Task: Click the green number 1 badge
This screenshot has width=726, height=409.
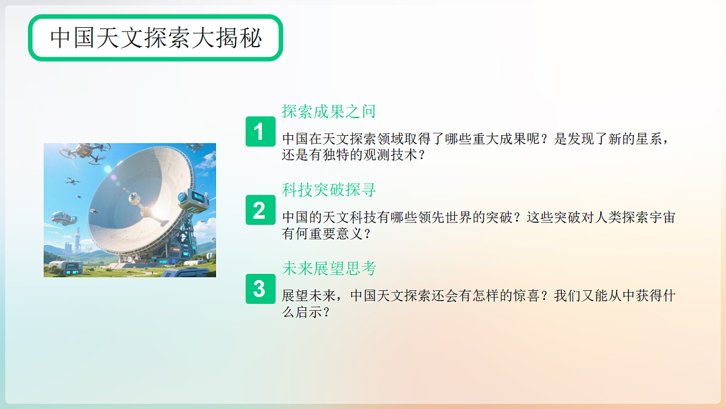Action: point(260,131)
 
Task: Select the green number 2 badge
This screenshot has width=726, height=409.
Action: point(260,210)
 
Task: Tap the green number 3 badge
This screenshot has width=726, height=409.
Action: point(260,289)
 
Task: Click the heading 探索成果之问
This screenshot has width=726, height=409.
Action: point(329,111)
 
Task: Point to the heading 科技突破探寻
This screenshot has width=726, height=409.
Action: point(329,190)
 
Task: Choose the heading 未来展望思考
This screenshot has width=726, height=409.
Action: point(329,268)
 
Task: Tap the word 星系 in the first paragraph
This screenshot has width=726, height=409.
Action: point(646,139)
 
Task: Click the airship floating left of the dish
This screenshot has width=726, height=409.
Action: point(63,219)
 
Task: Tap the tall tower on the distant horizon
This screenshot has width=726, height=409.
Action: point(77,240)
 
